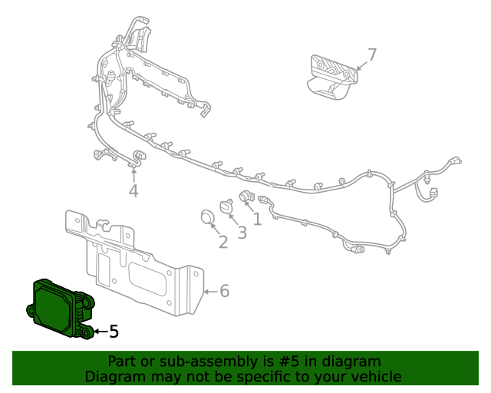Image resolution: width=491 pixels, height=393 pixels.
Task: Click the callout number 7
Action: [x=372, y=54]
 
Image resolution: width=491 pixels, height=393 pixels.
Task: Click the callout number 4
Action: [x=133, y=190]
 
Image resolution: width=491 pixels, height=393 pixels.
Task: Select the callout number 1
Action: [x=257, y=220]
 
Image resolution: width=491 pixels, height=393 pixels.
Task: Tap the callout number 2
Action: [x=223, y=243]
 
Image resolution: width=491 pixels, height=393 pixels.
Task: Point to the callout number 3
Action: [x=242, y=233]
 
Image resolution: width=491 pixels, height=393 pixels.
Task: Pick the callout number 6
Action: [x=224, y=291]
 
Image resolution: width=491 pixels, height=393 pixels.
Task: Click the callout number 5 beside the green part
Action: [x=114, y=332]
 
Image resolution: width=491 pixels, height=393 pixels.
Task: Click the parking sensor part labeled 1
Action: [x=247, y=196]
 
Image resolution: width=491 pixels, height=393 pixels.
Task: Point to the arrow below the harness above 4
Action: [x=133, y=173]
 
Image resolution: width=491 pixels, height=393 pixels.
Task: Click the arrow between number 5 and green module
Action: [x=100, y=332]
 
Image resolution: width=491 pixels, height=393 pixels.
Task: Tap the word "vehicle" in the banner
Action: [x=374, y=376]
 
